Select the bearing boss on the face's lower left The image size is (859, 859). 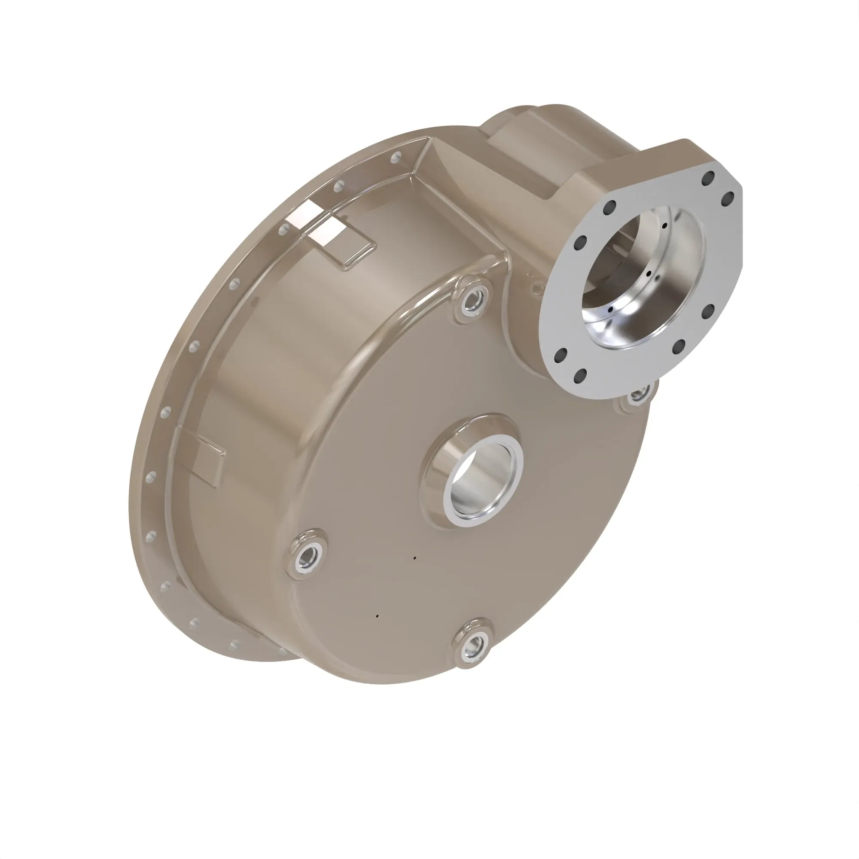[307, 556]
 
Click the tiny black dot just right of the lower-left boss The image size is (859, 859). [415, 557]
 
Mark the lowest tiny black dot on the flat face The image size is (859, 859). [377, 616]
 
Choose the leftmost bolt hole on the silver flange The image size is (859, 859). [560, 356]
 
